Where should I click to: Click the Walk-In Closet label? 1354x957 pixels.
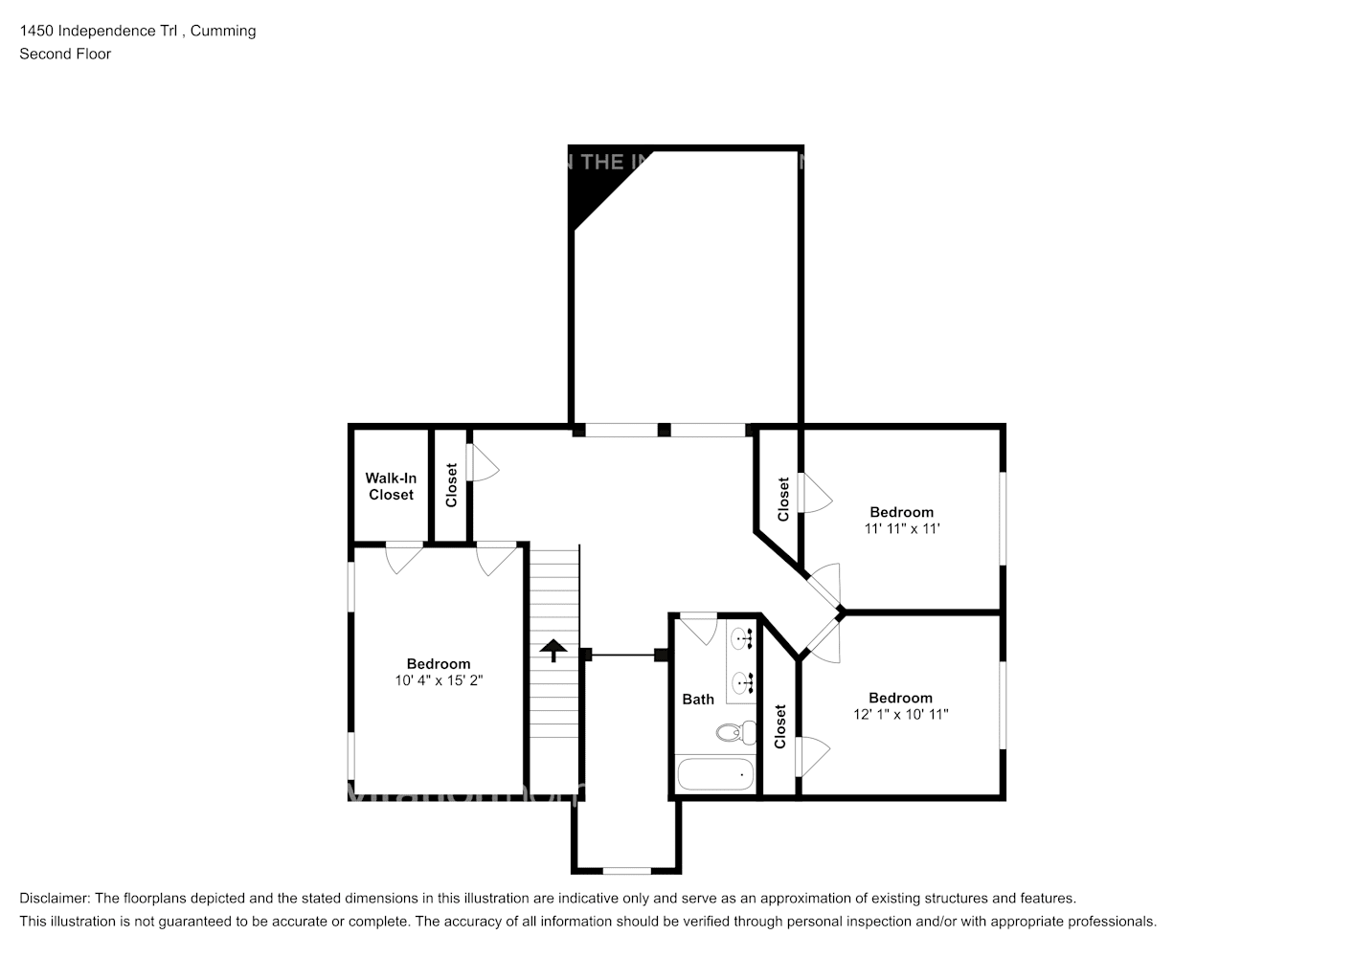391,486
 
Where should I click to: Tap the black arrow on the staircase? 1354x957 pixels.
553,651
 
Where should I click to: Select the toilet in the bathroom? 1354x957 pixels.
730,733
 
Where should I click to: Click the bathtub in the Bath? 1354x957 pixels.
714,773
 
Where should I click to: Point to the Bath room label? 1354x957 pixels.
698,700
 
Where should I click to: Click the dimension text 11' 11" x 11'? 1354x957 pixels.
901,528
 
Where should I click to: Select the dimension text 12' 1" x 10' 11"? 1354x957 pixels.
900,714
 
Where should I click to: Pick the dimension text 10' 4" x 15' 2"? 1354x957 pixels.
439,680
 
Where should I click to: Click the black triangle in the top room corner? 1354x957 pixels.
586,188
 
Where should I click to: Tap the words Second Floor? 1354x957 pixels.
65,54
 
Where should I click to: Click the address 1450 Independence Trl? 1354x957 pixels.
101,31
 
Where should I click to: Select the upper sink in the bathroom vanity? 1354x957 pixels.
742,637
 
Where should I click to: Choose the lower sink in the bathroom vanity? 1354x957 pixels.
742,681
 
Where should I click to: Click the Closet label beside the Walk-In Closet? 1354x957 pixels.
451,485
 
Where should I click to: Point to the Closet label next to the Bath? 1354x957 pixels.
779,726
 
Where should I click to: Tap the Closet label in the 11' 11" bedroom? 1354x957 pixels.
783,499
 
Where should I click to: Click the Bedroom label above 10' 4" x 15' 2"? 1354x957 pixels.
439,664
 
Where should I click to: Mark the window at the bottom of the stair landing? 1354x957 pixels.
627,870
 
